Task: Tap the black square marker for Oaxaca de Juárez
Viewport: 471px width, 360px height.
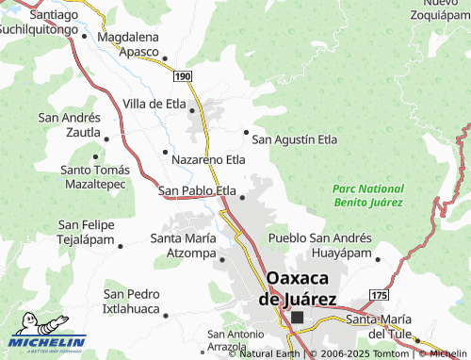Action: pos(299,318)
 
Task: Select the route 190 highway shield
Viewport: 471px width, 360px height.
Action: pos(183,74)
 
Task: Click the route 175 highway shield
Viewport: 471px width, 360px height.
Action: pos(379,295)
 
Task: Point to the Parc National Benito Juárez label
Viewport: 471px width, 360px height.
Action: pos(367,195)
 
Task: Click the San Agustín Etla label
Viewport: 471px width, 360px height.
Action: pos(294,139)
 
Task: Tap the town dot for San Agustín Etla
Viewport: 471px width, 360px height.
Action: pos(247,132)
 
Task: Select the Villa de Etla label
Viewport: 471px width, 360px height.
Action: pos(156,104)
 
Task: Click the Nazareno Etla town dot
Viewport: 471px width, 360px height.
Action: pos(165,151)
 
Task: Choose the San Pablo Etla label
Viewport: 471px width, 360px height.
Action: pos(197,190)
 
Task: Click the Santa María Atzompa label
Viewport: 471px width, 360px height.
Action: pos(184,245)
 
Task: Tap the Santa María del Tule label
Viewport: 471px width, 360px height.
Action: pos(381,326)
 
